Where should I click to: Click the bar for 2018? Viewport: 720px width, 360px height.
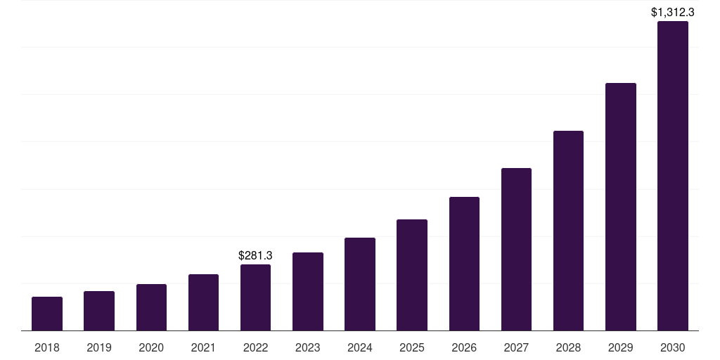click(x=47, y=314)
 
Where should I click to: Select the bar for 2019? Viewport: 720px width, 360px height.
click(x=99, y=311)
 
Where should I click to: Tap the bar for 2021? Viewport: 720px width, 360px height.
click(x=203, y=302)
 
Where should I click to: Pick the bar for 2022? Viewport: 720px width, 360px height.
click(x=255, y=297)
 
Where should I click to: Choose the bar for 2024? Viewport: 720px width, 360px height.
click(x=360, y=284)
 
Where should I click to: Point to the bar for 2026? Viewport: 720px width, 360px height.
click(x=464, y=264)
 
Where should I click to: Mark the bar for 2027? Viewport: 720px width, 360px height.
click(x=516, y=250)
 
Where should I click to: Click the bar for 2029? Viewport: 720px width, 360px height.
click(x=621, y=207)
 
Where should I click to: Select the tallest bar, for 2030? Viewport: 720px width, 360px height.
click(x=673, y=176)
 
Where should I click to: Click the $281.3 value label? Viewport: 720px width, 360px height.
click(x=255, y=255)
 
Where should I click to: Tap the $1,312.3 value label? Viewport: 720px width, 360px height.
click(x=673, y=12)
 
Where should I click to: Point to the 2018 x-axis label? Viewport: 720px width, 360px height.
click(x=47, y=347)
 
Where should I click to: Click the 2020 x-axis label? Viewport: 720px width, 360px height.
click(x=151, y=347)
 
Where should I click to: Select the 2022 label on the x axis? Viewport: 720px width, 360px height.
click(x=255, y=347)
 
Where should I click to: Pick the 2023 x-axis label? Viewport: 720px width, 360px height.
click(x=308, y=347)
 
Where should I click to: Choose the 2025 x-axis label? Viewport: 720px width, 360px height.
click(x=412, y=347)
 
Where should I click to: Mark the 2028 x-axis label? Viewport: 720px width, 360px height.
click(x=568, y=347)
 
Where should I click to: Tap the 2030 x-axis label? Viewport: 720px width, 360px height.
click(x=673, y=347)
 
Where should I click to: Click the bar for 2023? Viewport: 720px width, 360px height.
click(x=308, y=292)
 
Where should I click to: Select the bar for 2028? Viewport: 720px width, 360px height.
click(x=568, y=231)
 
